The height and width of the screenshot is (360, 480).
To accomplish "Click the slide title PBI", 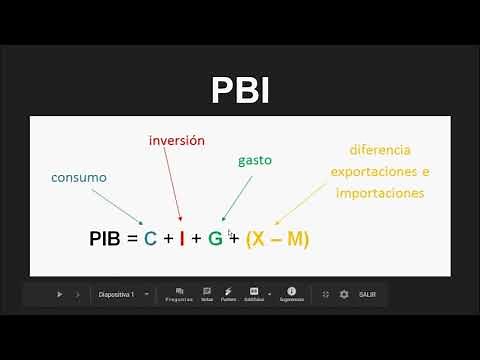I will pos(240,90).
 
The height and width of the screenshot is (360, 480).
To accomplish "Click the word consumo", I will pos(79,177).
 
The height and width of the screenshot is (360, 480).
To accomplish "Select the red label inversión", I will pos(176,141).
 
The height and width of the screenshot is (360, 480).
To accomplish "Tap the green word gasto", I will pos(255,160).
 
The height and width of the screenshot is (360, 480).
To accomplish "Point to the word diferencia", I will pos(380,150).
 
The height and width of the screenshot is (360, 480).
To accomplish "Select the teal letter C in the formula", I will pos(150,240).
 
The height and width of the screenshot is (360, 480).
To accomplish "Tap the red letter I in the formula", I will pos(181,240).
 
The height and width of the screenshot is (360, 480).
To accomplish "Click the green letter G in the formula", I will pos(215,240).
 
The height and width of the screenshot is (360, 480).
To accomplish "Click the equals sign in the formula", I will pos(131,240).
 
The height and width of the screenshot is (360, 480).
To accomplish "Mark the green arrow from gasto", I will pos(235,197).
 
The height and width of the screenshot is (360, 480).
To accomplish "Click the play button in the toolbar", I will pos(59,294).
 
